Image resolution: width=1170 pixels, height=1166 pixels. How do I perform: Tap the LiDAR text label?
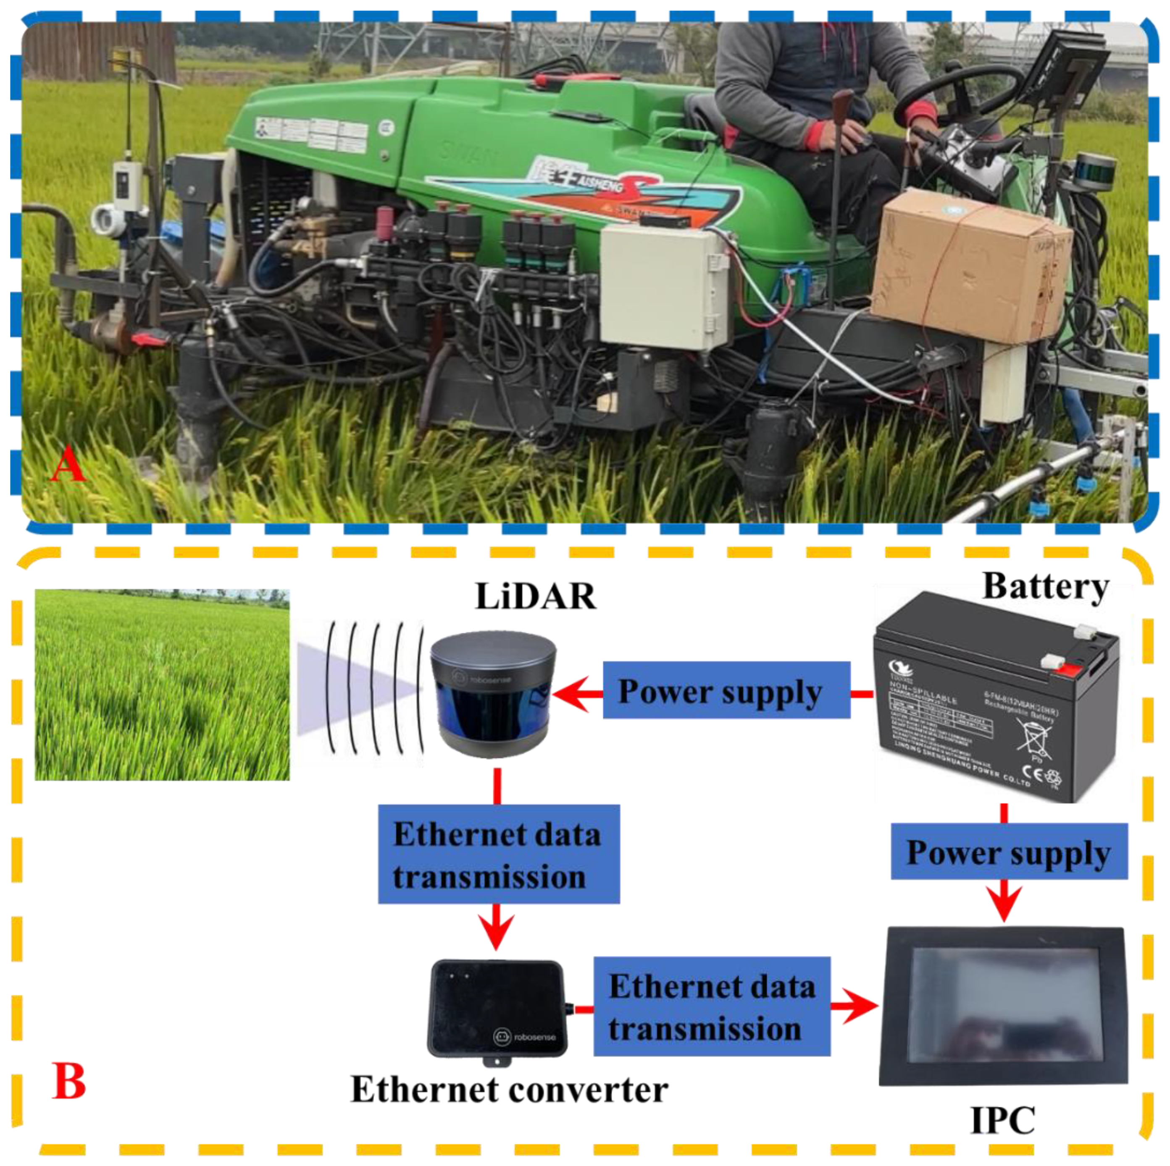coord(535,596)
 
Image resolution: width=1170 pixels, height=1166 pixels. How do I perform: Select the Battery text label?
coord(1045,586)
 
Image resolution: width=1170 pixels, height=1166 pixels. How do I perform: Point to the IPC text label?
coord(1003,1121)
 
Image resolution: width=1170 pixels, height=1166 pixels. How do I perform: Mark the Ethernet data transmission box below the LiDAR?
coord(498,855)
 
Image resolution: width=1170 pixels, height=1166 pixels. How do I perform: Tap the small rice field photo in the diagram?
coord(162,685)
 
